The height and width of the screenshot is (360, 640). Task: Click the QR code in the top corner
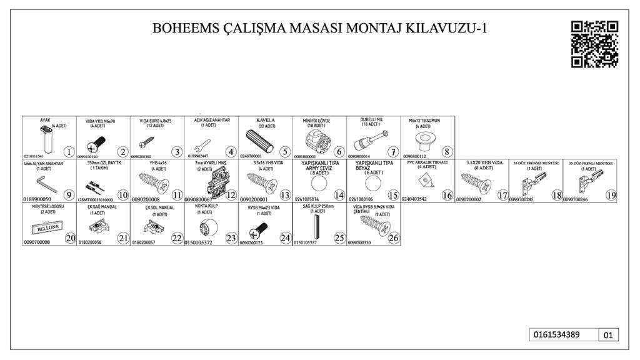pos(594,44)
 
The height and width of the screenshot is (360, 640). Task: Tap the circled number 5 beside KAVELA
pos(285,151)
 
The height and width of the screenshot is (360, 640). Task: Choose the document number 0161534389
pos(556,334)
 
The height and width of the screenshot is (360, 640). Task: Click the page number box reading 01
pos(608,335)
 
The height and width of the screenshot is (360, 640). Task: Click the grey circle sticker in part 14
pos(319,184)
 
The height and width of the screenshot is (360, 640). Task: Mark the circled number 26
pos(393,238)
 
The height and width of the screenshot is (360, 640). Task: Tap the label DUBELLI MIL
pos(372,119)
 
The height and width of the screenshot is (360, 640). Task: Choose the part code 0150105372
pos(203,242)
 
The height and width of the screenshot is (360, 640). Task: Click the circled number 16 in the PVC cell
pos(447,195)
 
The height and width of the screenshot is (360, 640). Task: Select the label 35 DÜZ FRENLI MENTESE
pos(591,163)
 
